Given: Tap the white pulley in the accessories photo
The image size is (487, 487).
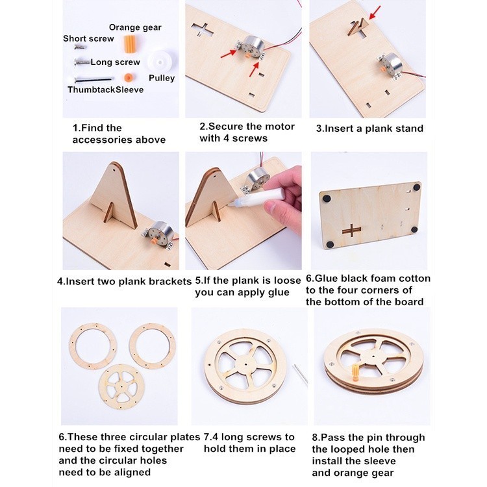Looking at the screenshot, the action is point(160,62).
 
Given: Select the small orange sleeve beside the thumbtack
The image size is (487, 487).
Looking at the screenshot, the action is point(127,77).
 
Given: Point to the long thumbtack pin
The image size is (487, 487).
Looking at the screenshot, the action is point(93,79).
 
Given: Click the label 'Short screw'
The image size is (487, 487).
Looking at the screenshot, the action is point(88,38).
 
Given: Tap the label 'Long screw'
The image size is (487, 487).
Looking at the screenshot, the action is point(115,62).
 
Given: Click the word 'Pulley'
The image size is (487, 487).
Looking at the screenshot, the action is point(162,78).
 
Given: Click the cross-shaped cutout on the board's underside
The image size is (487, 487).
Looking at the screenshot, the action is point(352,230).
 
